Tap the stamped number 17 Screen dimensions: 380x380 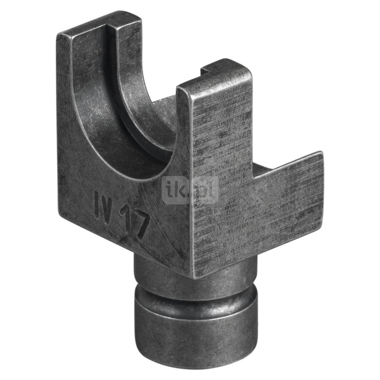134,224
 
